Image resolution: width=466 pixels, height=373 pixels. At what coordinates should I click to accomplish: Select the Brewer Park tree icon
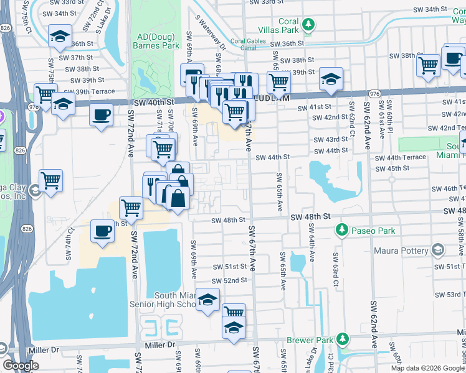click(342, 339)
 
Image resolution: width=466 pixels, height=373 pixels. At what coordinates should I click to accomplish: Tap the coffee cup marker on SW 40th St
click(101, 115)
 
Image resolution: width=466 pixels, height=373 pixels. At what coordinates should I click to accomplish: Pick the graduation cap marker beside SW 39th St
click(331, 78)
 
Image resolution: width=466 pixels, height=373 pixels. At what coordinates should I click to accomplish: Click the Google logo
click(20, 366)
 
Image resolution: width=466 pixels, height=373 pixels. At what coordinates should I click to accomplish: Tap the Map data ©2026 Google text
click(427, 368)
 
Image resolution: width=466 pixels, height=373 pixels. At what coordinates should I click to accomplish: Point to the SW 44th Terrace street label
click(401, 158)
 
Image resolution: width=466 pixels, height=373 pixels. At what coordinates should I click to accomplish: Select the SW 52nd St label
click(232, 280)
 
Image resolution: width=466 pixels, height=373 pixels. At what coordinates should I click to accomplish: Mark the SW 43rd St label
click(331, 140)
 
